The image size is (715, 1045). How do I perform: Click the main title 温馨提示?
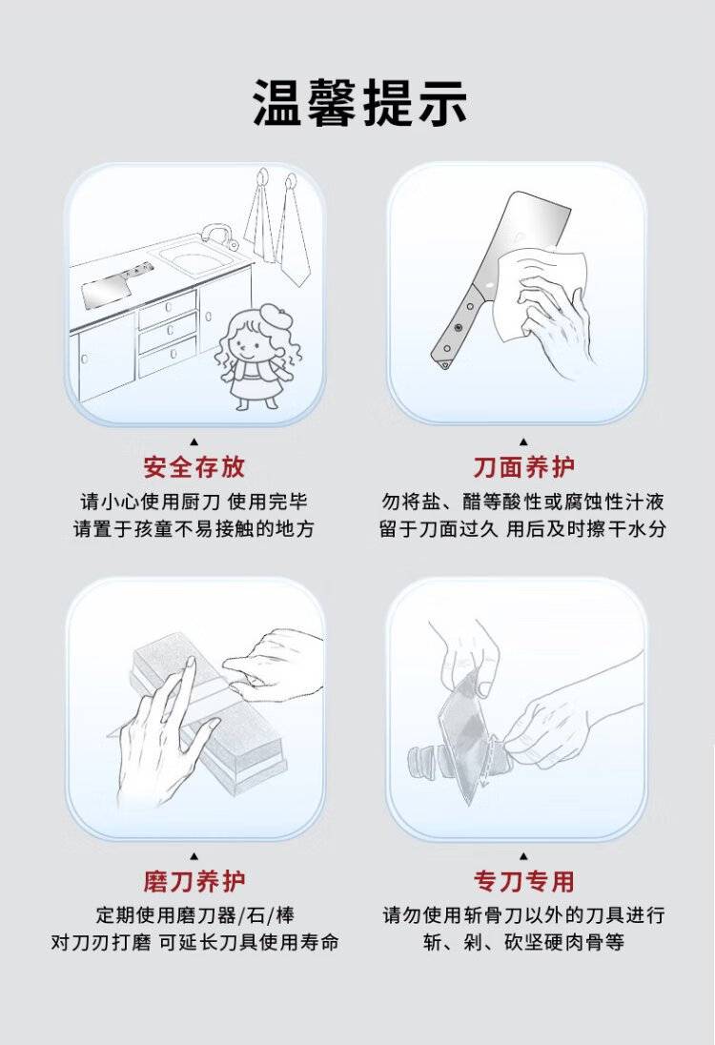359,103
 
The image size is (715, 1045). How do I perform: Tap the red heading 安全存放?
194,467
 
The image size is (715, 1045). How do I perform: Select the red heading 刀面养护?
523,467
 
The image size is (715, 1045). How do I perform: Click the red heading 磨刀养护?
194,881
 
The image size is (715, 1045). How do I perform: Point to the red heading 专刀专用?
523,881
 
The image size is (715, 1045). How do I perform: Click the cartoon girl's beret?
271,313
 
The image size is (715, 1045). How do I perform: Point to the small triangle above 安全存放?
194,441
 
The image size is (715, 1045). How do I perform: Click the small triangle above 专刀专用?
523,855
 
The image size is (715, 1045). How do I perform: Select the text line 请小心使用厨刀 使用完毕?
194,502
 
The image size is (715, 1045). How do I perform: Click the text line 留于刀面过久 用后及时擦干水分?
522,528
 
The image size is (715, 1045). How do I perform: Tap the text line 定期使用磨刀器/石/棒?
194,915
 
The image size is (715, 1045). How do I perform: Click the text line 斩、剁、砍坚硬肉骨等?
523,942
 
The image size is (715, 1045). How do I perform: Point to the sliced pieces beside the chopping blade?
424,763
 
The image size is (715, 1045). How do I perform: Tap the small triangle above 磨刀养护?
194,855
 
